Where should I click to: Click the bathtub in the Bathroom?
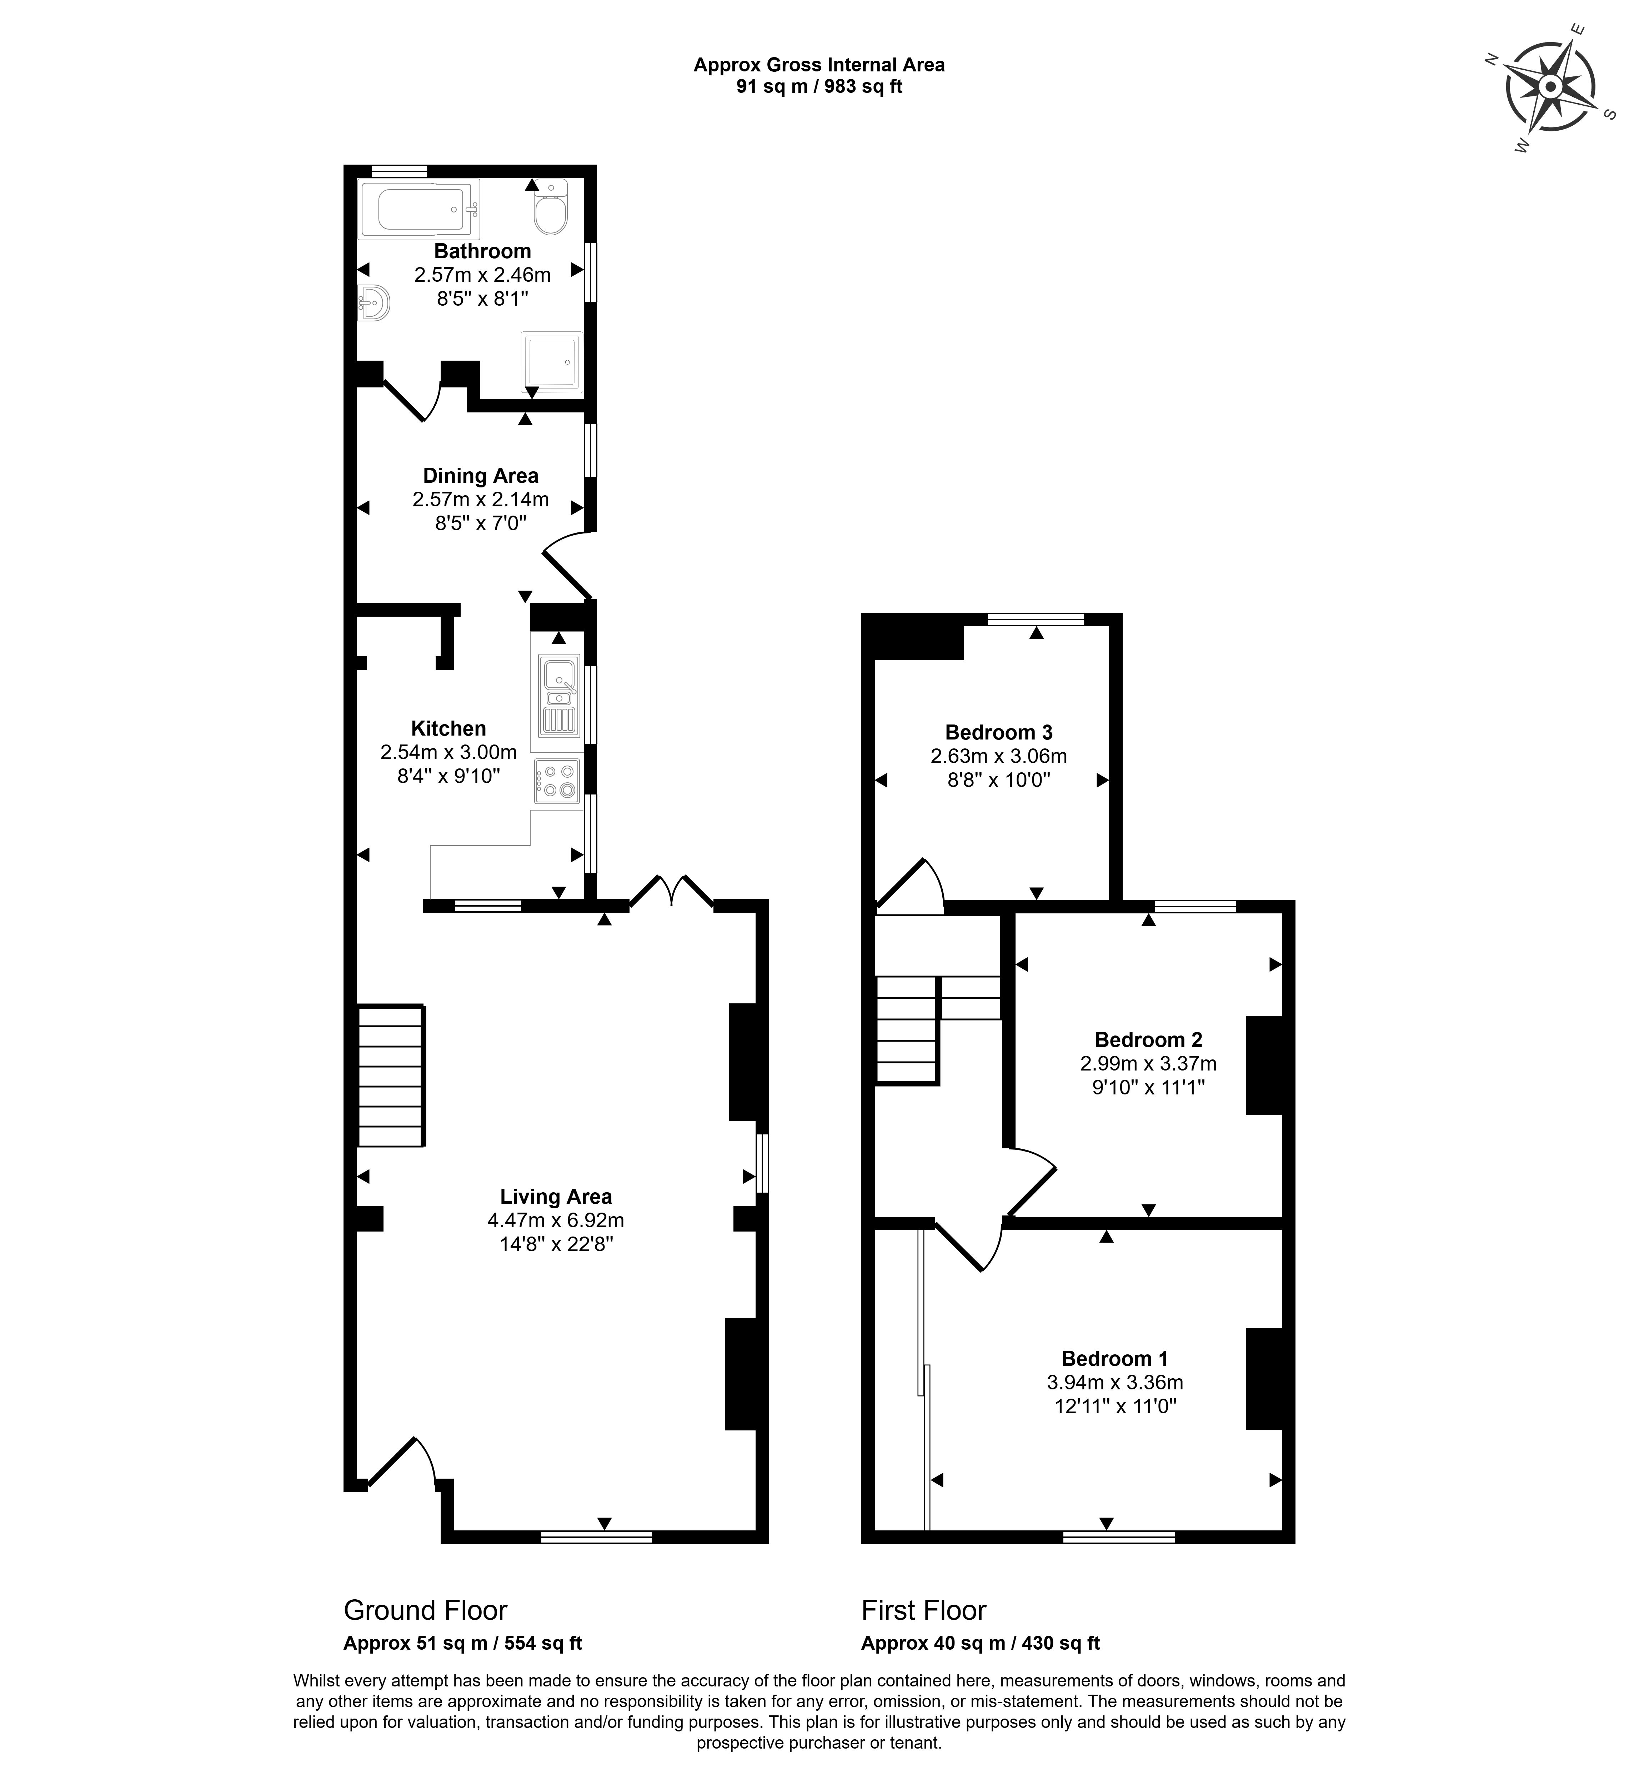coord(418,209)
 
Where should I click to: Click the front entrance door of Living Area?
coord(401,1461)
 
